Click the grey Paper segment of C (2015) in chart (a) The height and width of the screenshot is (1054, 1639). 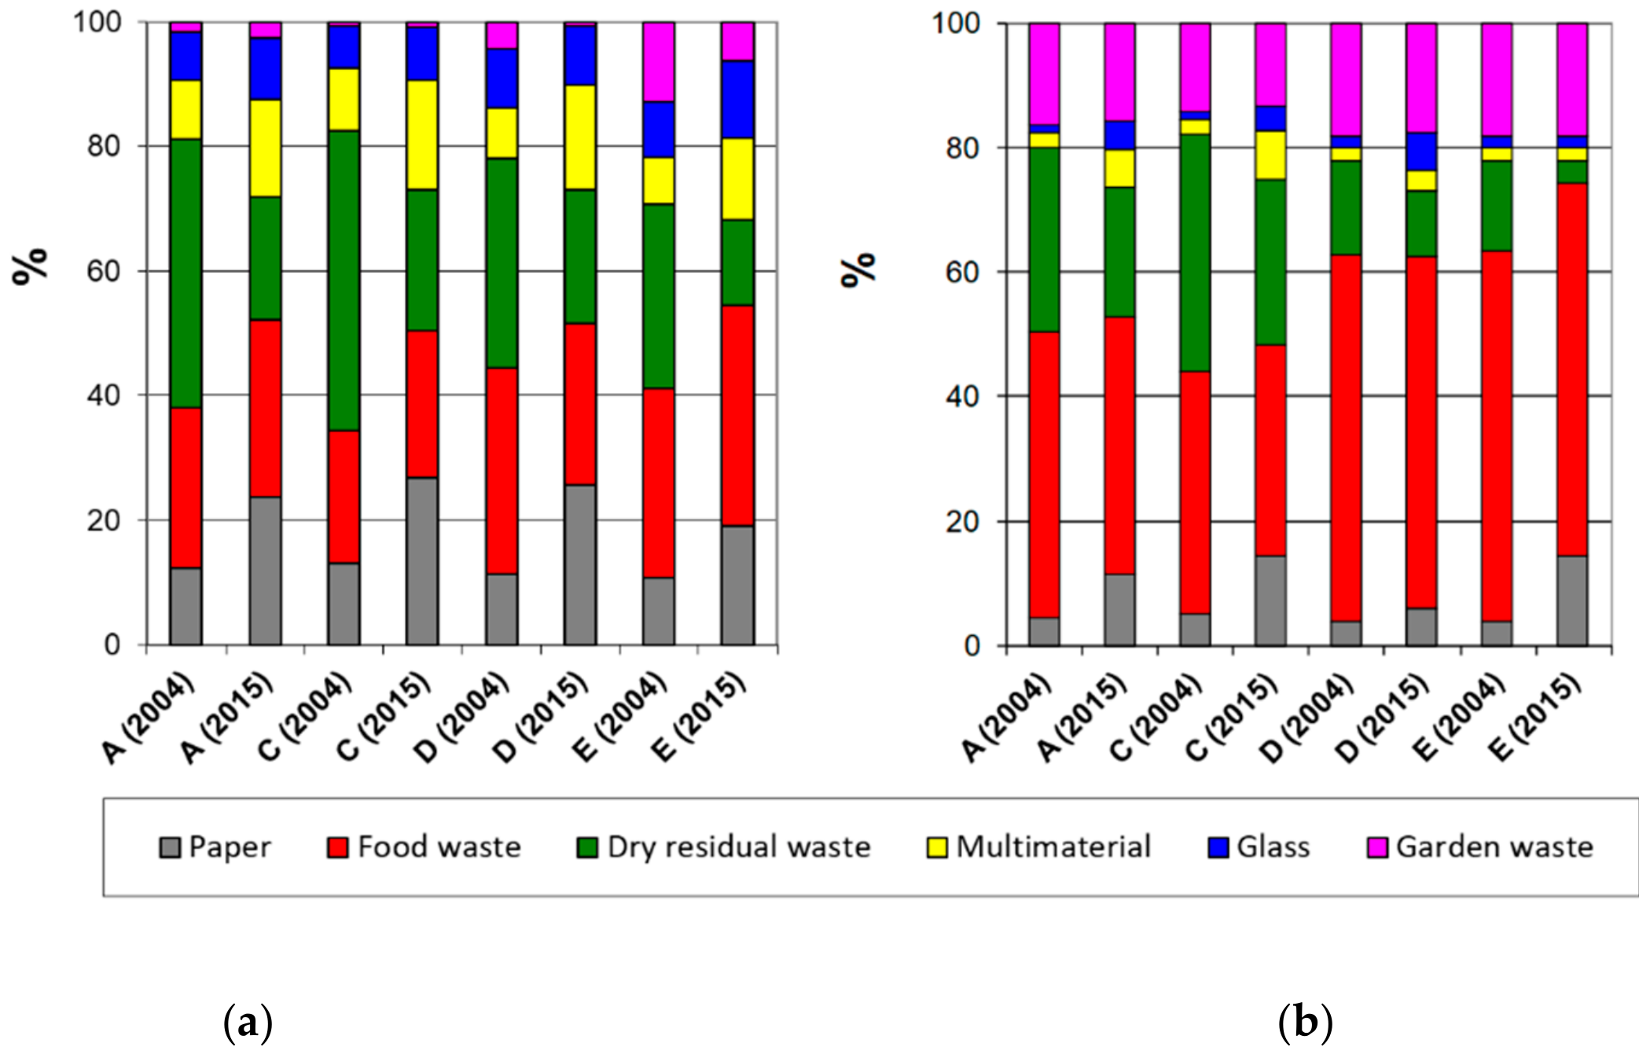pos(422,560)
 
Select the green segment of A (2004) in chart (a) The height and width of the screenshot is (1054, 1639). pos(186,273)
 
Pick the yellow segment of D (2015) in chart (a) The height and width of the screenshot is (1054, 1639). pos(580,137)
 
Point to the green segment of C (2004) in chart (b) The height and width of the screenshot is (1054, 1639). pos(1195,252)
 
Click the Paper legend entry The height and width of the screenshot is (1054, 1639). pos(215,847)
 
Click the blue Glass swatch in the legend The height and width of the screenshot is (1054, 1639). pos(1218,848)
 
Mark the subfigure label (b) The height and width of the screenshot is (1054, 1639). pos(1305,1023)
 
